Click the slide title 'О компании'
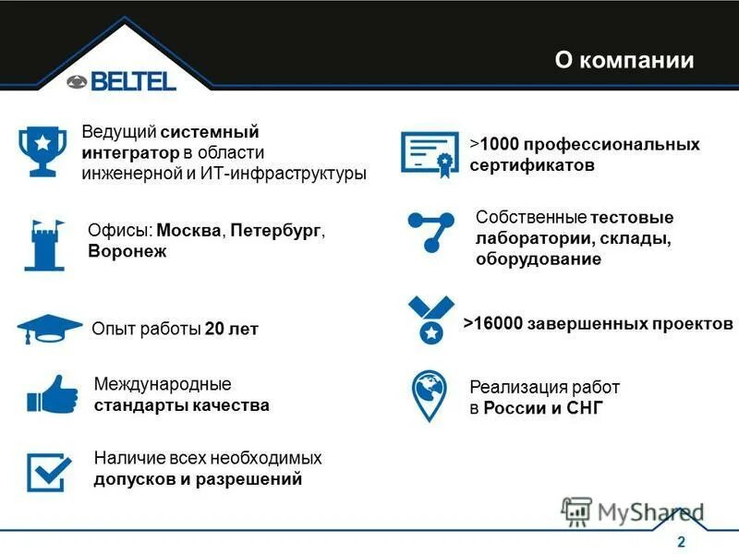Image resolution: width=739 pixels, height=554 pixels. coord(624,61)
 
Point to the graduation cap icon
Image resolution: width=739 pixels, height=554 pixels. coord(49,328)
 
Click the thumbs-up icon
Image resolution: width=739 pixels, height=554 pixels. coord(52,394)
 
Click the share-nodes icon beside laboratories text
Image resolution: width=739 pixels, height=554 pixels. coord(430,231)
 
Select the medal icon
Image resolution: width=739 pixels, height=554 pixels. coord(430,319)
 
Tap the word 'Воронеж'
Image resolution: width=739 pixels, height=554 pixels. coord(127,251)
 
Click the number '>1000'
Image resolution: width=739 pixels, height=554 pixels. coord(496,145)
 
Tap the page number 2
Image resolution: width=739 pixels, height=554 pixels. coord(682,541)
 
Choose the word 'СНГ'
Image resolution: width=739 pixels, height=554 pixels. coord(583,408)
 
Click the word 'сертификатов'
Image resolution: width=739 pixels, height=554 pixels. coord(531,166)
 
